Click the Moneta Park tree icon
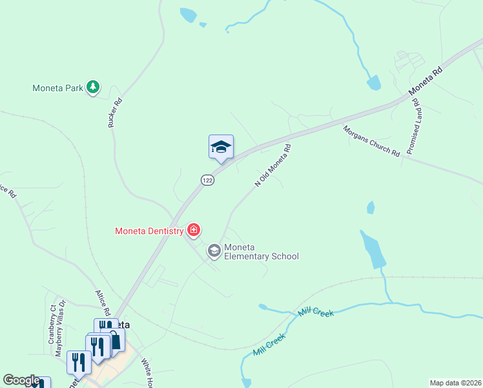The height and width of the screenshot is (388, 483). pos(93,87)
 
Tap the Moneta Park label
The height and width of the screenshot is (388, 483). pos(58,88)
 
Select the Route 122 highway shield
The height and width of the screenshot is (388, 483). pos(207,180)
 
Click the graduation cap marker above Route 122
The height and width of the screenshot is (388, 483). pos(221,147)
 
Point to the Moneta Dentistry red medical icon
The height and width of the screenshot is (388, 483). pos(193,230)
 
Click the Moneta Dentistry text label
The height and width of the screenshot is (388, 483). pos(149,230)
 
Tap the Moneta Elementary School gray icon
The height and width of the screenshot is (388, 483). pos(214,250)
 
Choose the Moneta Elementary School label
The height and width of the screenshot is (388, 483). pos(261,252)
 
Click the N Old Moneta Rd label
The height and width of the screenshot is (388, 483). pos(273,166)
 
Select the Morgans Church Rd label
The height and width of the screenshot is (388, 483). pos(371,140)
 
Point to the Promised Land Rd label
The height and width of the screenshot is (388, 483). pos(414,126)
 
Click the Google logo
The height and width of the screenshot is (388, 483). pos(21,380)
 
